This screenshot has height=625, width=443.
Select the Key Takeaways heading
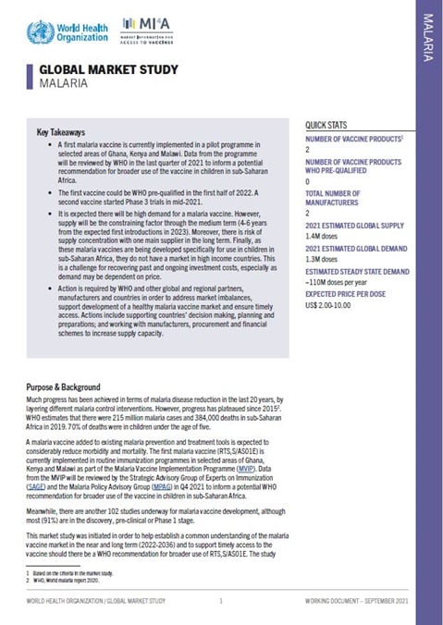coord(61,132)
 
